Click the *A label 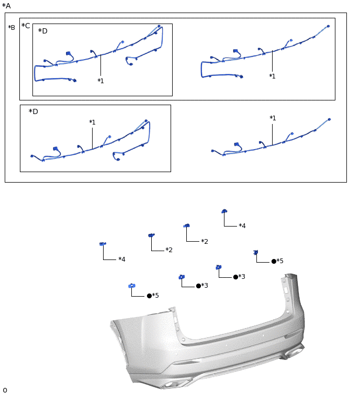click(x=6, y=6)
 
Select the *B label click(x=12, y=27)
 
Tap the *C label click(x=26, y=26)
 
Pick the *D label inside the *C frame click(x=42, y=31)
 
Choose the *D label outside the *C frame click(x=33, y=111)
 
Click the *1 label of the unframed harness click(x=273, y=118)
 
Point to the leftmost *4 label click(x=122, y=259)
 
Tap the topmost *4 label click(x=242, y=225)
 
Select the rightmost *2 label click(x=205, y=241)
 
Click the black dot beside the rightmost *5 click(x=274, y=262)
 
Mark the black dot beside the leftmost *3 click(x=198, y=286)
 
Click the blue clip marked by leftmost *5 click(x=132, y=286)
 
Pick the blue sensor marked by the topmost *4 click(x=224, y=211)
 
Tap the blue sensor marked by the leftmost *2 click(x=151, y=235)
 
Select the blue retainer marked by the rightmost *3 click(x=219, y=267)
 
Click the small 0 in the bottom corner click(x=5, y=390)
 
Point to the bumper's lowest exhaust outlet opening click(x=172, y=385)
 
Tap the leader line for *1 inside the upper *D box click(x=100, y=65)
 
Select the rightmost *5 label click(x=280, y=261)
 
